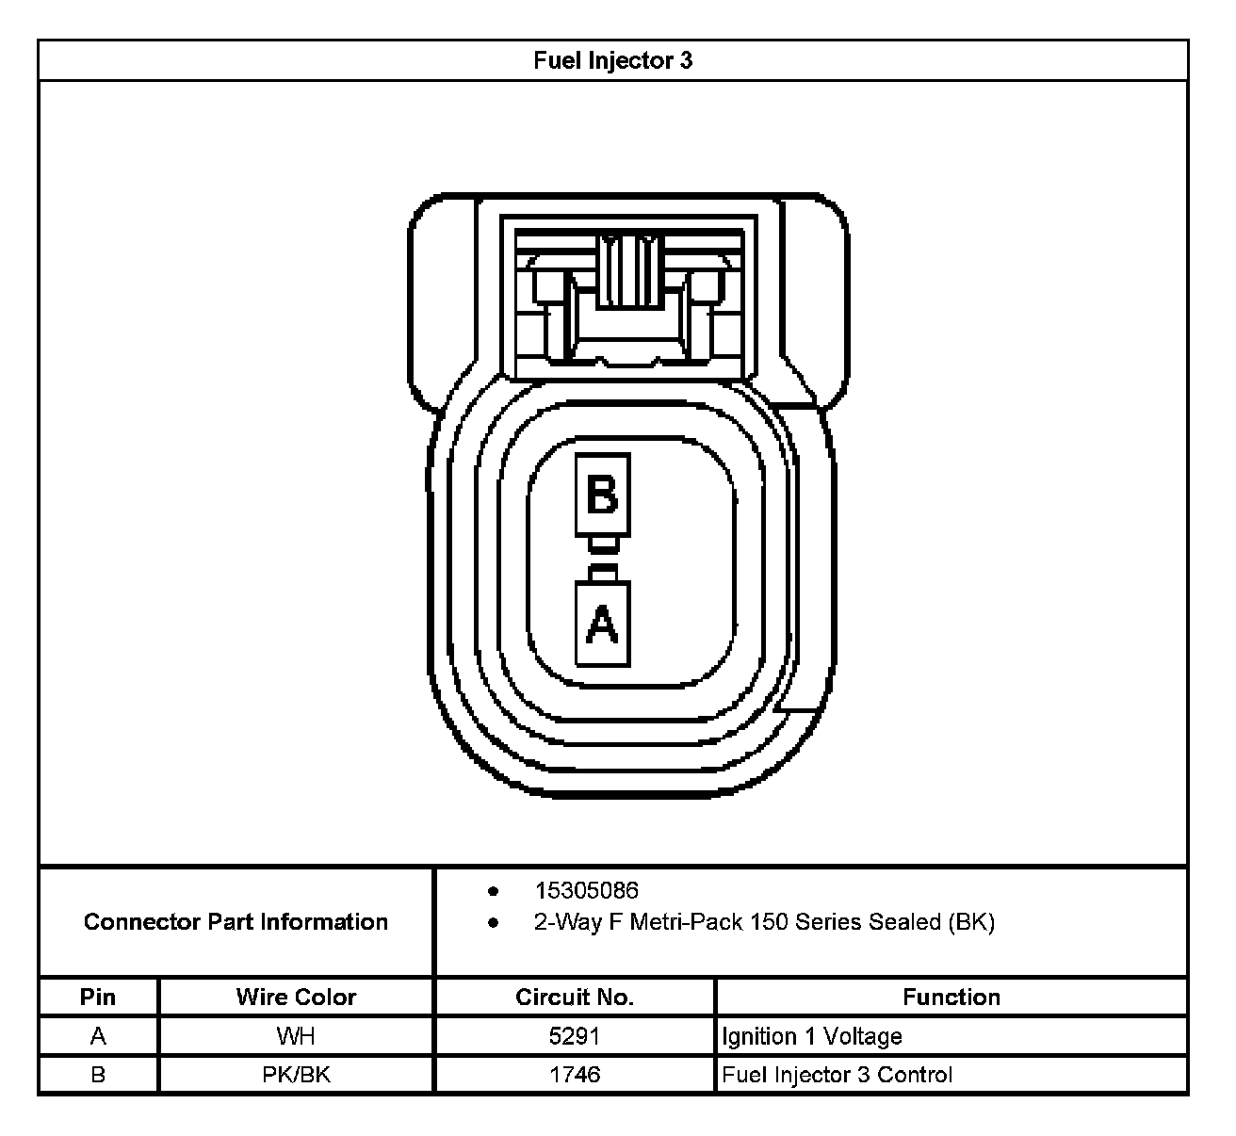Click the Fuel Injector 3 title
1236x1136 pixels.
pos(612,61)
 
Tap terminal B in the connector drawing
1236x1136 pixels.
pos(602,495)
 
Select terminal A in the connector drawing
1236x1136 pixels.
pos(602,623)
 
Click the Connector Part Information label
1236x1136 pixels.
pos(236,922)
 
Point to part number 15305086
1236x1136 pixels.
pos(586,891)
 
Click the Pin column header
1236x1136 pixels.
pos(98,998)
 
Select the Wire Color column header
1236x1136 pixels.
pos(296,998)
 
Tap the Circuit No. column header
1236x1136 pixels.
pos(574,998)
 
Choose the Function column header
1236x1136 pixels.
pos(951,998)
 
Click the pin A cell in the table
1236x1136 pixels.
pos(98,1037)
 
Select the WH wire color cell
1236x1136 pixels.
pos(296,1037)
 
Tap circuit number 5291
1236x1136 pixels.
pos(574,1037)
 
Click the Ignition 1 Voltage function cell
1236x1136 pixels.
pos(812,1037)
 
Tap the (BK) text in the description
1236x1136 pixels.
pos(971,922)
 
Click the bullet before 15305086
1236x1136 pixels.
pos(493,891)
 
